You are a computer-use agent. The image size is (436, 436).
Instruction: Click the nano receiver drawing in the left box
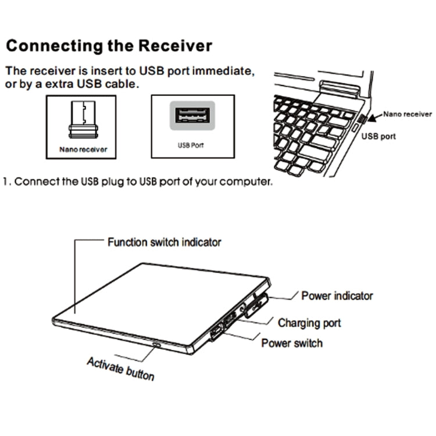[x=81, y=120]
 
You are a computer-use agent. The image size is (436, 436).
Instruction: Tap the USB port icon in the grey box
[x=192, y=116]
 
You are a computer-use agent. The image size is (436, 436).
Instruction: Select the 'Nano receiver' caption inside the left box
[x=83, y=149]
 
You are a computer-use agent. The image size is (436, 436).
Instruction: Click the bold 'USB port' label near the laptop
[x=378, y=137]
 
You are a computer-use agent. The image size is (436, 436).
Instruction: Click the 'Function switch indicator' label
[x=164, y=242]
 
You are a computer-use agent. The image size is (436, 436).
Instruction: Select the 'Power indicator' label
[x=337, y=296]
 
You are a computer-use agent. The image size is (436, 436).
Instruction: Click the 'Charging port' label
[x=309, y=323]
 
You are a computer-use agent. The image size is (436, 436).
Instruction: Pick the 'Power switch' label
[x=291, y=342]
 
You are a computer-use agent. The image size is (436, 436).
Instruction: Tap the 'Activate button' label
[x=121, y=369]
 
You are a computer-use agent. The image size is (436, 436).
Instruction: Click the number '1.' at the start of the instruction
[x=6, y=181]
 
